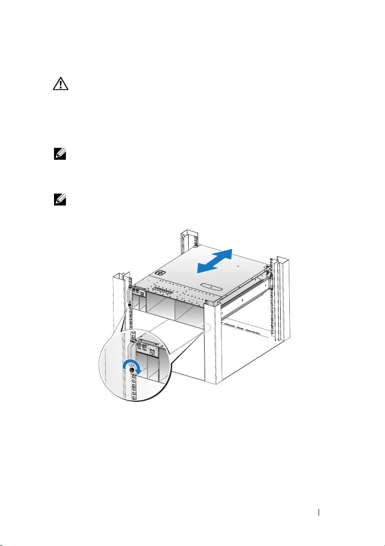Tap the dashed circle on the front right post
pyautogui.click(x=207, y=328)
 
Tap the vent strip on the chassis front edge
pyautogui.click(x=166, y=291)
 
